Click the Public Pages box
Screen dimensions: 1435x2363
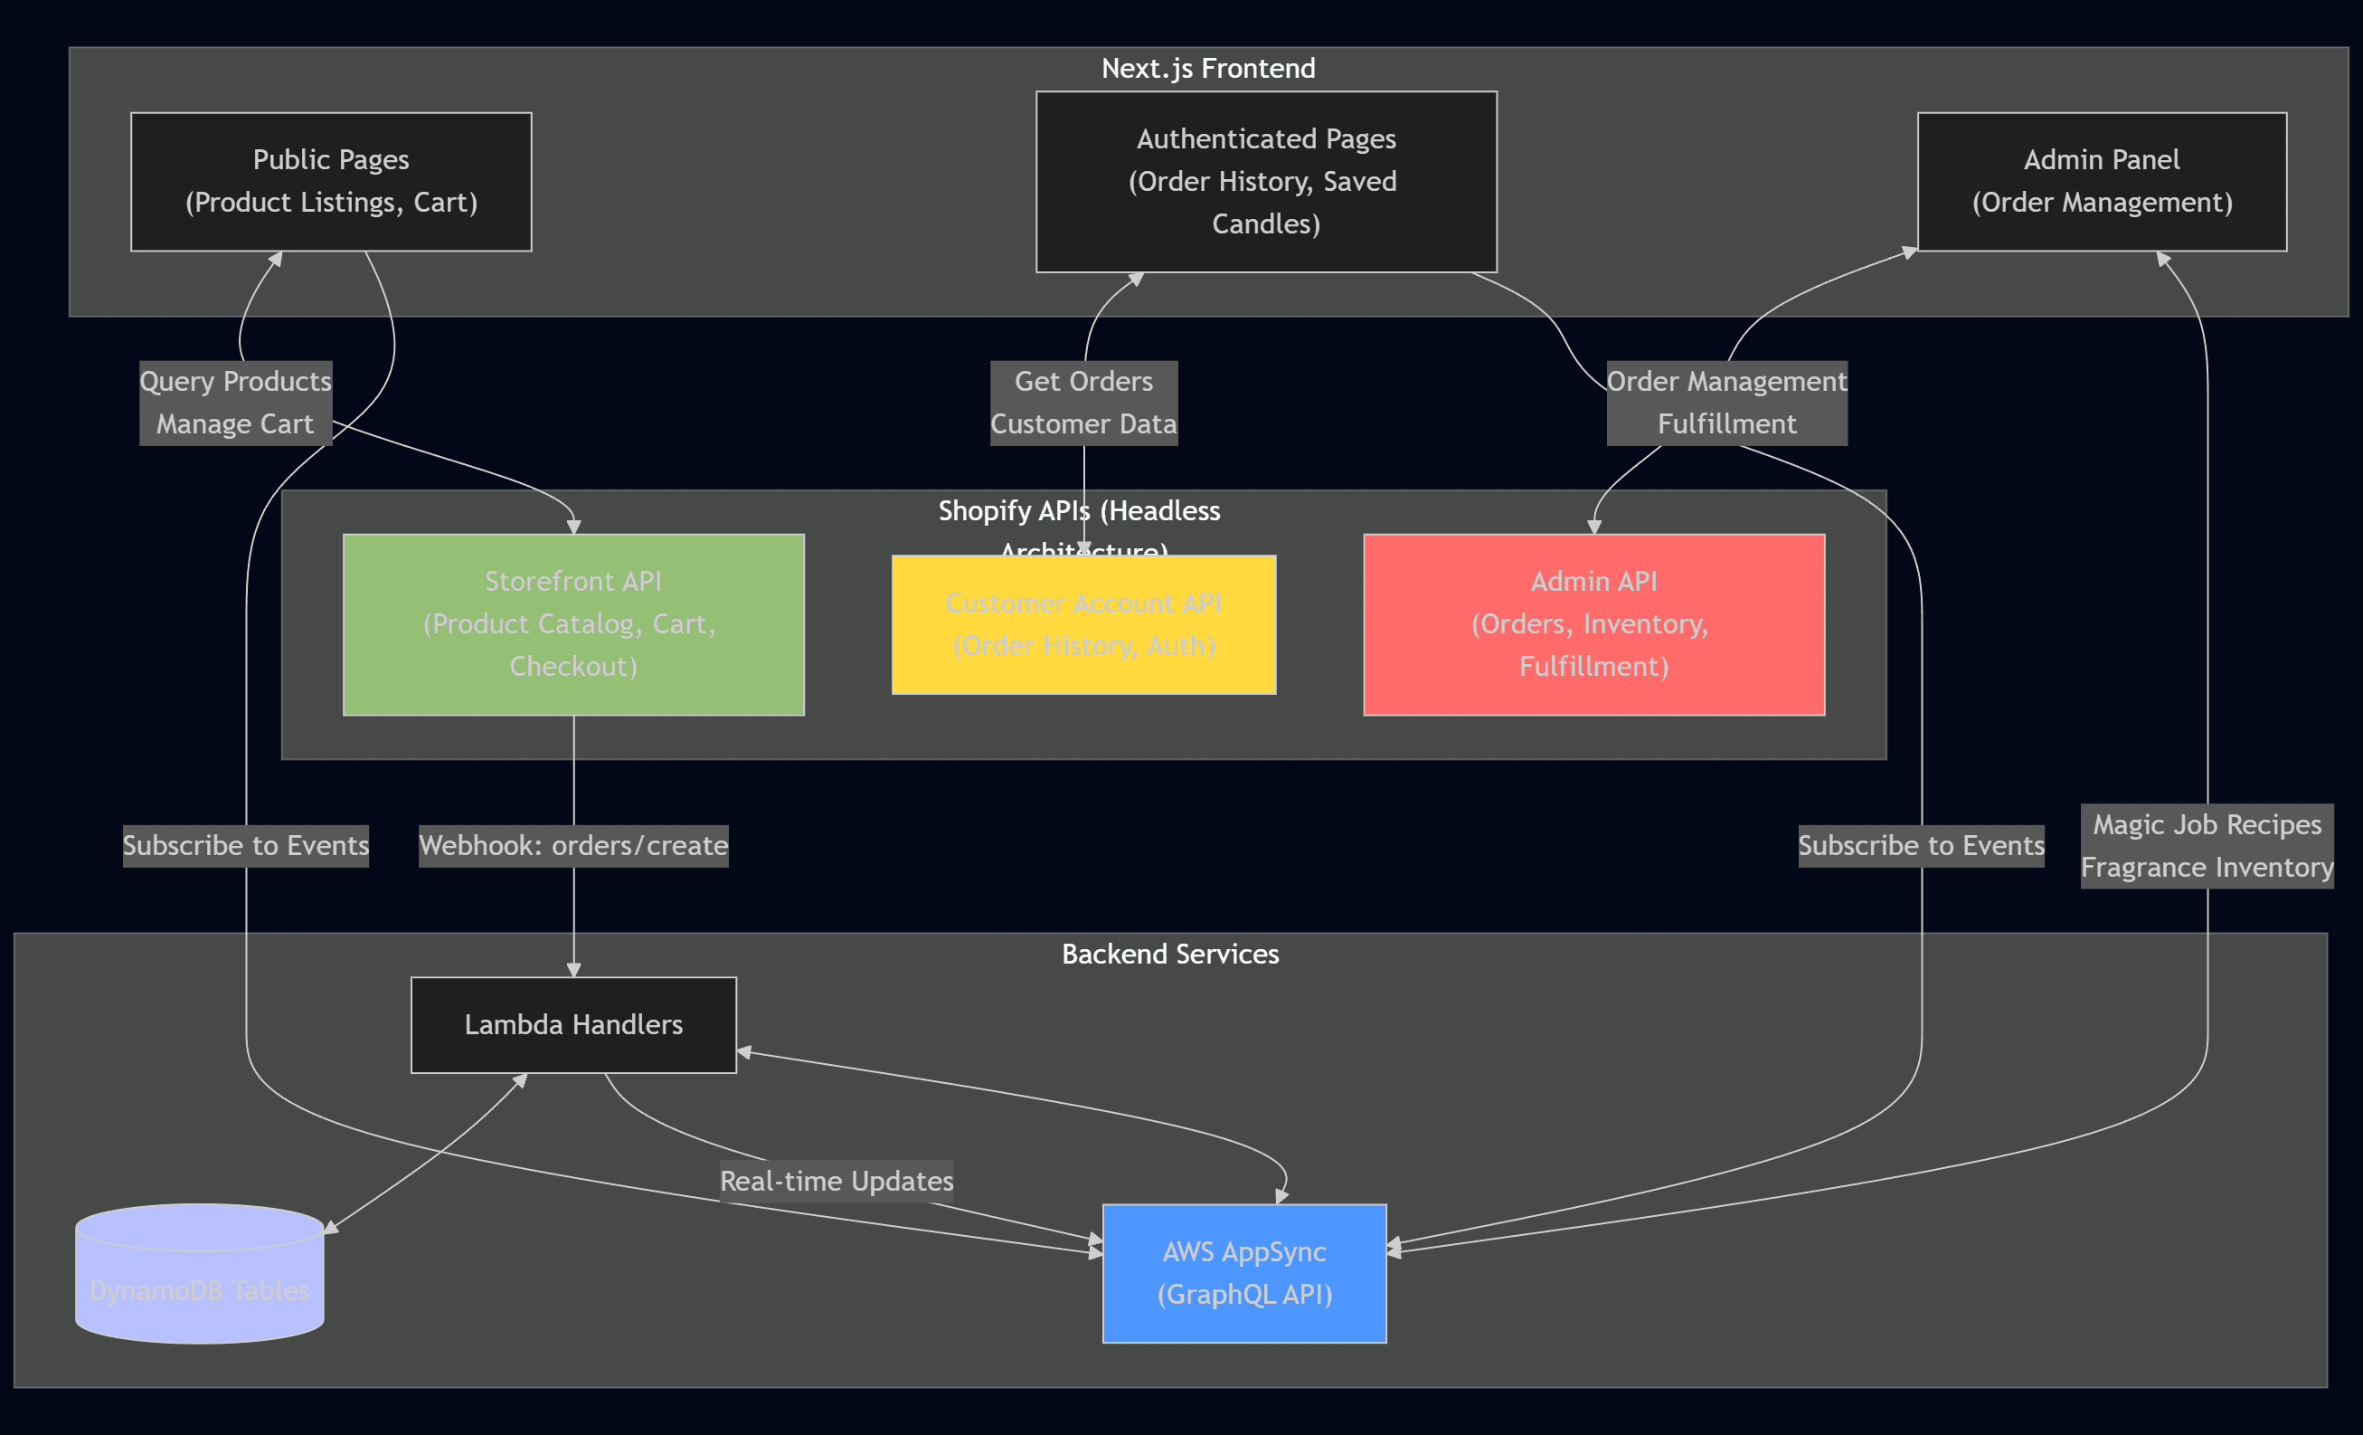(331, 181)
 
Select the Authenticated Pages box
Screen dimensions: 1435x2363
(1266, 181)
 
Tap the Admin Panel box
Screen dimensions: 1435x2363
(2101, 181)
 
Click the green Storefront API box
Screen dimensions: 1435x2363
(573, 624)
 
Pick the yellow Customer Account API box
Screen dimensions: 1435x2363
(1083, 624)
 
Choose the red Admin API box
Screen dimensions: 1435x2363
(1594, 624)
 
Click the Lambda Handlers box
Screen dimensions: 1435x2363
(573, 1024)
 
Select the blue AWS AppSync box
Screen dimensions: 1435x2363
(1243, 1273)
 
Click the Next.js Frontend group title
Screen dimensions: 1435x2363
(1207, 68)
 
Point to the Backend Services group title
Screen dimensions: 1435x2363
(1170, 954)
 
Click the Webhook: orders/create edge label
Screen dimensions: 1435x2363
(573, 845)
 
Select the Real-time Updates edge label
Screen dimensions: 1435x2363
(837, 1181)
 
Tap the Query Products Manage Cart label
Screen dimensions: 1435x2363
(235, 403)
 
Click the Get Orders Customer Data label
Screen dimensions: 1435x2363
(1083, 403)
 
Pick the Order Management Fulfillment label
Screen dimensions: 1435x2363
(1726, 403)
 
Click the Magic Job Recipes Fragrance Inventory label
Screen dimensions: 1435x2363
(2207, 846)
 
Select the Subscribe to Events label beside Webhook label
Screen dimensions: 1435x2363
(245, 845)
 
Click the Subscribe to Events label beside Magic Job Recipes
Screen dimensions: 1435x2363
(1921, 845)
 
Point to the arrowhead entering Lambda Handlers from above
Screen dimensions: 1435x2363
(573, 971)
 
